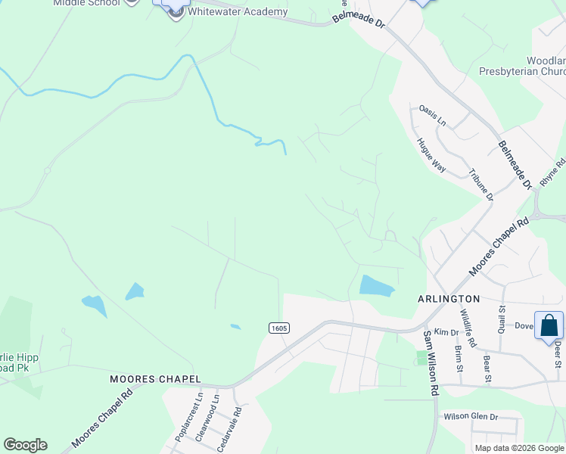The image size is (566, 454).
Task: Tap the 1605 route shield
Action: point(279,328)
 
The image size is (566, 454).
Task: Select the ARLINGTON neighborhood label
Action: point(449,299)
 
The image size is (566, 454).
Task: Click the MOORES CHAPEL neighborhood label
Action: point(155,378)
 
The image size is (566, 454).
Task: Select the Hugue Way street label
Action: point(431,156)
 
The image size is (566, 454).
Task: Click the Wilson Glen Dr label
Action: point(471,417)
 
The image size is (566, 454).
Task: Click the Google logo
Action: point(25,445)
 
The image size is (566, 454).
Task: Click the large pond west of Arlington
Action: point(377,286)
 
